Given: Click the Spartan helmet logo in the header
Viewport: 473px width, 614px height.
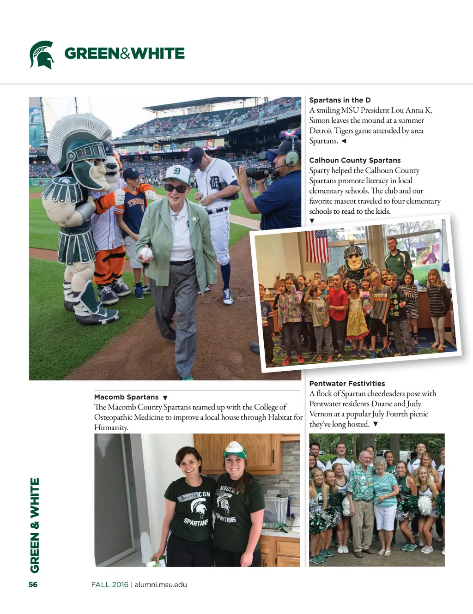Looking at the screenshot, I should [x=42, y=54].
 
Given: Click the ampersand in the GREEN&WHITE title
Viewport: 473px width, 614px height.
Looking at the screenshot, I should [x=125, y=54].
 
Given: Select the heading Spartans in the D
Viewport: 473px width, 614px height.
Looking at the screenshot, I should [x=340, y=100].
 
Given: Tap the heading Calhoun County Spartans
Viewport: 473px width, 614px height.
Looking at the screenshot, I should [x=355, y=160].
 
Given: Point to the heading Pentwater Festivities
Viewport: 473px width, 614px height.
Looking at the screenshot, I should [x=347, y=384].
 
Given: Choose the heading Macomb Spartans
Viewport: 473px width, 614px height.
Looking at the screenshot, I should [x=126, y=397].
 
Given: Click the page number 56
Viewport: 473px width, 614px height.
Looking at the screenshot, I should [x=33, y=584].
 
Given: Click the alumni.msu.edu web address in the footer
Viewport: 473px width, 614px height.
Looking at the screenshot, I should [x=161, y=584].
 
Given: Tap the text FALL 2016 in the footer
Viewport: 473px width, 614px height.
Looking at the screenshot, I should [x=110, y=584].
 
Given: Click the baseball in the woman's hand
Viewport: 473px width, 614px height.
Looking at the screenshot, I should [x=146, y=253].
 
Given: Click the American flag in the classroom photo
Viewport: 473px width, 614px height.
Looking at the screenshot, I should [x=316, y=245].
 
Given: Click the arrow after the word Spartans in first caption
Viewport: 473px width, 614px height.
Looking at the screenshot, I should [x=344, y=141].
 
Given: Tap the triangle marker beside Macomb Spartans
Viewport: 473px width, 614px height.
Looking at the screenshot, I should [x=165, y=397].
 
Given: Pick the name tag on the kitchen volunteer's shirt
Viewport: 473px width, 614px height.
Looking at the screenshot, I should [x=188, y=497].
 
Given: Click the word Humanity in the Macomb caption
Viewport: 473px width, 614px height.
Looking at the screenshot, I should [x=111, y=427].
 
